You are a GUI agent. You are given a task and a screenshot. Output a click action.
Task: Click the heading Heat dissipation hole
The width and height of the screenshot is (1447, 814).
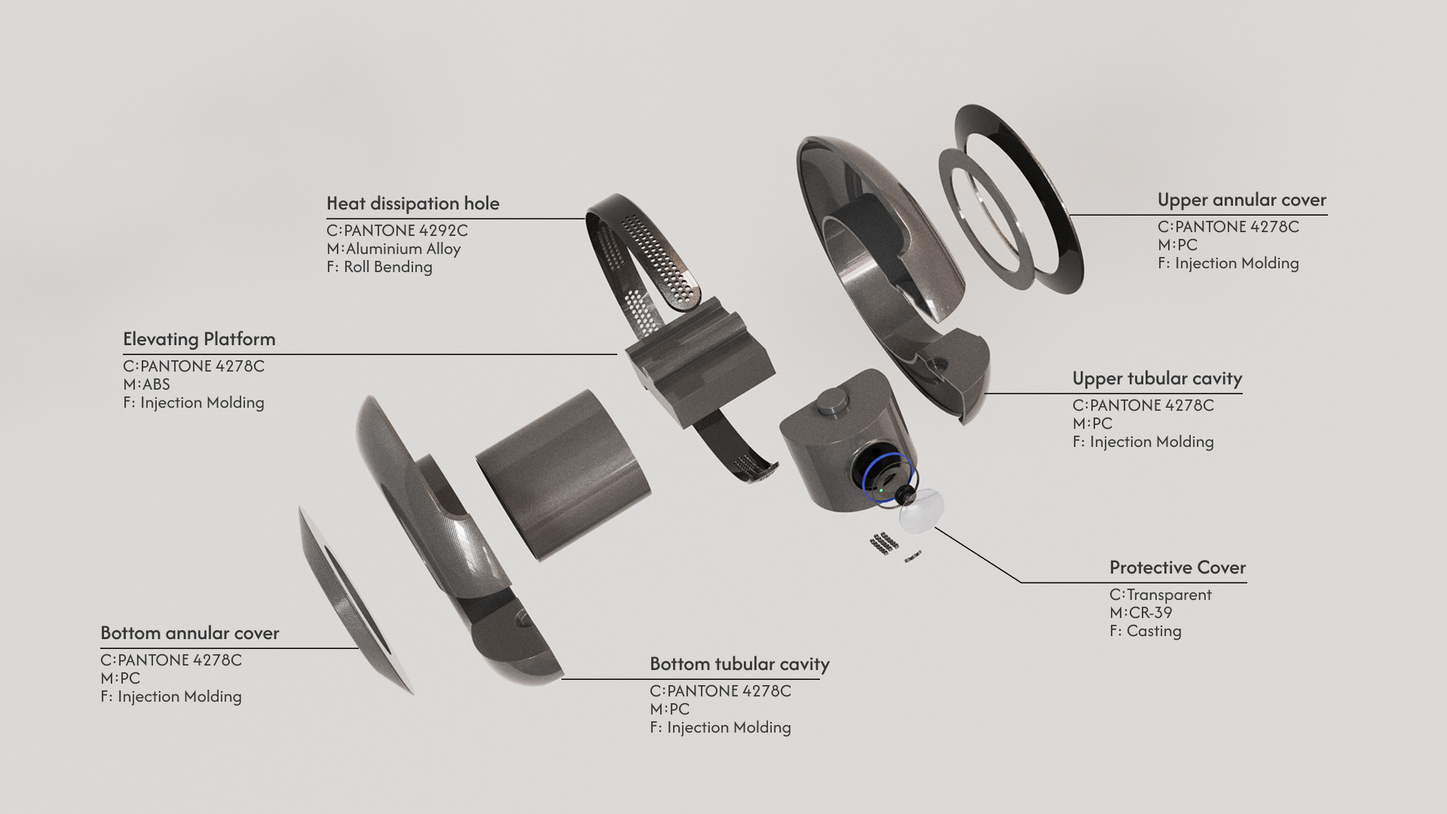[412, 203]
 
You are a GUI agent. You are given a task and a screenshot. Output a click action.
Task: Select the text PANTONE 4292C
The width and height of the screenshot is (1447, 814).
[405, 231]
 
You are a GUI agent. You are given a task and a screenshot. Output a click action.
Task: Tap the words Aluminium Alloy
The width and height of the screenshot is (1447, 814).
[402, 249]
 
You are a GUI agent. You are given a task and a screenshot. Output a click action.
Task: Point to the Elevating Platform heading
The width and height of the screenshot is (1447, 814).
[199, 339]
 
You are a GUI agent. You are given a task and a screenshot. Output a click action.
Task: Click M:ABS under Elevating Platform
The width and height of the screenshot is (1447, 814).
[146, 384]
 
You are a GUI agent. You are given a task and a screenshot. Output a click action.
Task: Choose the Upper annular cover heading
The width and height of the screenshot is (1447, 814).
[1241, 200]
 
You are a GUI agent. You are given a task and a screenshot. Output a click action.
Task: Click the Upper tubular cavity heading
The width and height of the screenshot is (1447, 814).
[1156, 378]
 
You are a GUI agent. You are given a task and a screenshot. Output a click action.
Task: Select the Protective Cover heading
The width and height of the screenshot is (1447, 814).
[1177, 568]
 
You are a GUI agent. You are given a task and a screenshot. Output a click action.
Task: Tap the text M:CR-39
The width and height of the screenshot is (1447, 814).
[1140, 613]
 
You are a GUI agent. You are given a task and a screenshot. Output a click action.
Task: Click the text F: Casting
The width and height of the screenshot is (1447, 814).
[1145, 631]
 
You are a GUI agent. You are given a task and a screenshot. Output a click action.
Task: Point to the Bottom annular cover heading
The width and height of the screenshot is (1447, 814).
[189, 633]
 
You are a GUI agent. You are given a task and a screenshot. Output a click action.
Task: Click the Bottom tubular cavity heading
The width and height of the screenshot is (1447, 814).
[739, 664]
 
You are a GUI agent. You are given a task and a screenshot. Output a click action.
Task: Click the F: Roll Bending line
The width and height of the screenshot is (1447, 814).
[379, 267]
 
